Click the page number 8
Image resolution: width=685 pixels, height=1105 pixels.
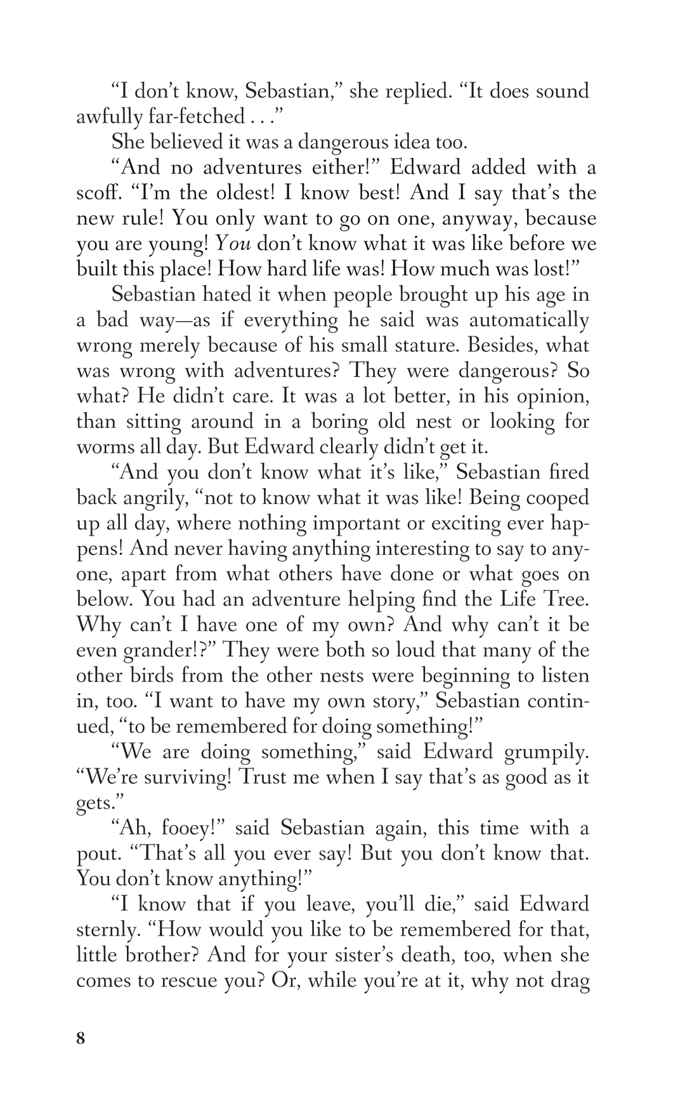(81, 1039)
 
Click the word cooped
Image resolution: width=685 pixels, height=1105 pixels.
(556, 498)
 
